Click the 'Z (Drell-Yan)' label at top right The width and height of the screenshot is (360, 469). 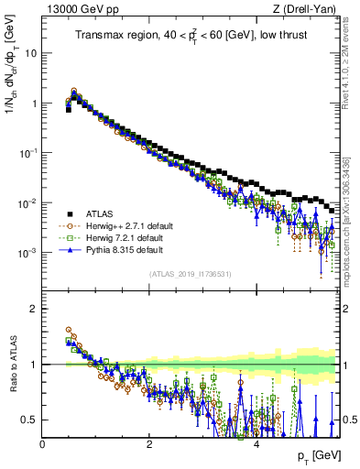[x=309, y=10]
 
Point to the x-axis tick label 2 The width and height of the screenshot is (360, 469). [x=149, y=444]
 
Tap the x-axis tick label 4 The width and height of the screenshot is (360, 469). [x=256, y=444]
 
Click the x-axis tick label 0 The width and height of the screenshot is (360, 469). [x=43, y=444]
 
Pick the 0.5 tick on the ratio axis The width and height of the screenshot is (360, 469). [x=30, y=420]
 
